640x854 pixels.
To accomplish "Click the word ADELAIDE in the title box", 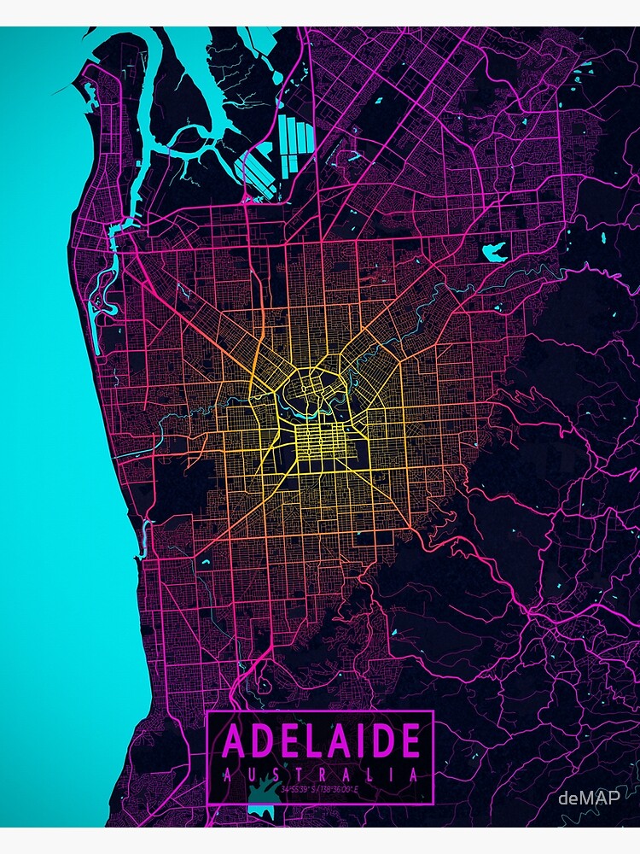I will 321,740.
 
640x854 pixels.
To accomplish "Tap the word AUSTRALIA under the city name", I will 321,775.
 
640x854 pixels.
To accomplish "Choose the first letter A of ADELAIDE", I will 235,740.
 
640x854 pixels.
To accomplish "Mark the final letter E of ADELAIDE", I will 409,740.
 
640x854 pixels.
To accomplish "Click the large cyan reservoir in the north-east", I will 494,251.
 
